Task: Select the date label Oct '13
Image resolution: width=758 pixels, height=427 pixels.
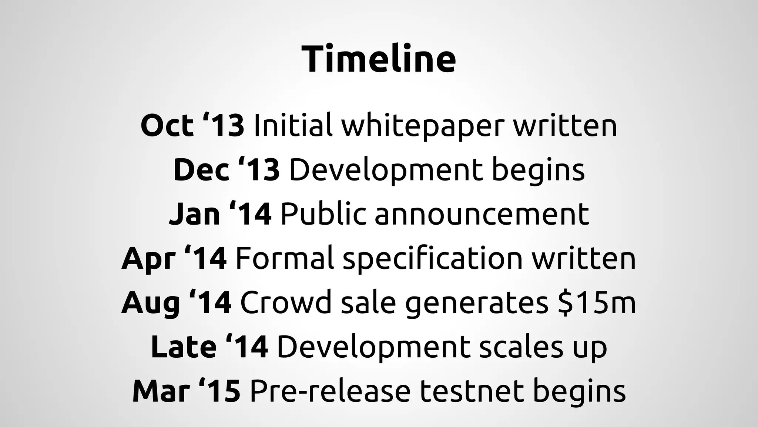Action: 192,125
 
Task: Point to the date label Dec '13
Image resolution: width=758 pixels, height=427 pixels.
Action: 227,170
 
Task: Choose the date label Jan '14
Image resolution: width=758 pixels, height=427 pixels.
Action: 220,214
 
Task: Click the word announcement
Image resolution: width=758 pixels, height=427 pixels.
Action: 482,214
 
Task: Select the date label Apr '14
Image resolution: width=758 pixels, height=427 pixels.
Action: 174,259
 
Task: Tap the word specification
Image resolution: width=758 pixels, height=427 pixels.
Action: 433,259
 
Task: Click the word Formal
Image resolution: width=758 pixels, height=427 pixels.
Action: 285,258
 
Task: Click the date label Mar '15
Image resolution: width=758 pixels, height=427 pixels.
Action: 187,391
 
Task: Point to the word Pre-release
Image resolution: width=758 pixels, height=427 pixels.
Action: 330,391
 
